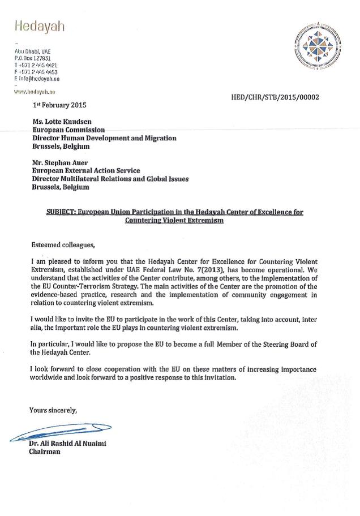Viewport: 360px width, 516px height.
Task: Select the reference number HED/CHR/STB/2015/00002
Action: (x=275, y=97)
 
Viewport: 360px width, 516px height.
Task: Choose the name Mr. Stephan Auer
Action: (x=61, y=162)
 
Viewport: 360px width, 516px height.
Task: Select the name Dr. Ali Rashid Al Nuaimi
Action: (x=68, y=444)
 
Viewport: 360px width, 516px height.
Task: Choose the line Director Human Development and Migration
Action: (x=104, y=138)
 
